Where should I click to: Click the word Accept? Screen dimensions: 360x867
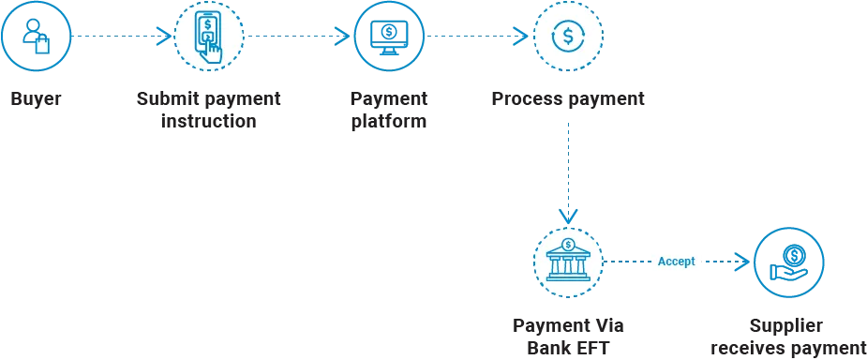pos(677,262)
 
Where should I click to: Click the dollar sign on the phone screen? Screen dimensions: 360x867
pos(206,23)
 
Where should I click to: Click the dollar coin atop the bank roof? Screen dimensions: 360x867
pos(569,245)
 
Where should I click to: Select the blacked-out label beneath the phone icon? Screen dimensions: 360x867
pos(209,109)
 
